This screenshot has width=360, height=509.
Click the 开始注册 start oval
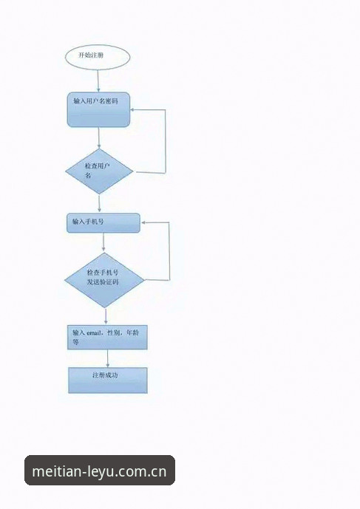pyautogui.click(x=98, y=57)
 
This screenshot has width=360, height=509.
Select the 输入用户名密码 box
pyautogui.click(x=98, y=110)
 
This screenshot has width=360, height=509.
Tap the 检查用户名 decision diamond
pyautogui.click(x=99, y=171)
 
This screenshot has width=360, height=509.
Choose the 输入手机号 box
pyautogui.click(x=103, y=223)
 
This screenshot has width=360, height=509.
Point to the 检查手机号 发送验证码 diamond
pyautogui.click(x=104, y=280)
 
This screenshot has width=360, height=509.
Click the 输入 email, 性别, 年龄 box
pyautogui.click(x=107, y=338)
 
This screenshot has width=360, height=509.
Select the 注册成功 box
pyautogui.click(x=107, y=380)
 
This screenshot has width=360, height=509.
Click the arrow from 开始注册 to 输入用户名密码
pyautogui.click(x=98, y=81)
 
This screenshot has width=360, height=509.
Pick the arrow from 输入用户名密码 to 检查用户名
pyautogui.click(x=99, y=138)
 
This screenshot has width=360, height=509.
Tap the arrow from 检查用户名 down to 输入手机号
pyautogui.click(x=99, y=204)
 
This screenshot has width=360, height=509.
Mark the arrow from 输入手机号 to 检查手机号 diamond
pyautogui.click(x=103, y=243)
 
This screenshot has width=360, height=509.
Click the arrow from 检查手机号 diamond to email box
pyautogui.click(x=106, y=316)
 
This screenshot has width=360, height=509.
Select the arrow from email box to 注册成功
pyautogui.click(x=108, y=358)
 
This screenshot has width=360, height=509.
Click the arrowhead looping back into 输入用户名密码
pyautogui.click(x=132, y=110)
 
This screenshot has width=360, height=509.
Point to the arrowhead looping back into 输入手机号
pyautogui.click(x=143, y=222)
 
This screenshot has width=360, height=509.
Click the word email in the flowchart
pyautogui.click(x=94, y=332)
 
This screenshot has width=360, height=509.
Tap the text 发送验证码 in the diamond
pyautogui.click(x=103, y=282)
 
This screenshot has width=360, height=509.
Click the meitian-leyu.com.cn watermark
pyautogui.click(x=99, y=471)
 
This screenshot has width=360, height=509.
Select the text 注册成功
pyautogui.click(x=105, y=375)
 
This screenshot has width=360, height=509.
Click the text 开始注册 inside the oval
pyautogui.click(x=91, y=55)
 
